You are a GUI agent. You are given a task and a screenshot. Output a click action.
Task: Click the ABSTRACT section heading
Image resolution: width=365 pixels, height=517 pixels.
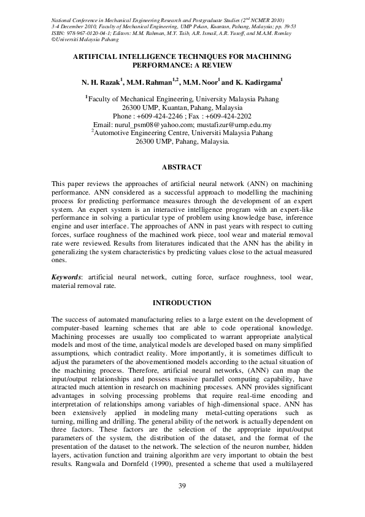pos(182,166)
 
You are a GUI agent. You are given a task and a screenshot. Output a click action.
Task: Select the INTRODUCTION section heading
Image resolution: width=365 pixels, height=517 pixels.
pos(182,303)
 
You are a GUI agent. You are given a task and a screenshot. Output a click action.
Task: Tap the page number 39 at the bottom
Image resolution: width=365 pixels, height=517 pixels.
pos(182,486)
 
